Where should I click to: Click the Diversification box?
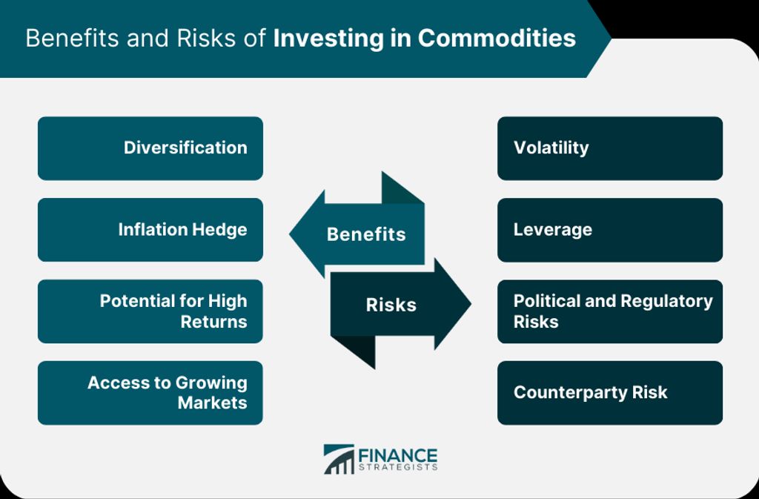tap(150, 148)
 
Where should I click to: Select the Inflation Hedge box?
tap(150, 229)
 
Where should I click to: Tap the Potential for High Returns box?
tap(150, 311)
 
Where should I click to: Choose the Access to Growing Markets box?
tap(150, 392)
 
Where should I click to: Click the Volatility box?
tap(610, 148)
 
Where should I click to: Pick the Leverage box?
tap(610, 229)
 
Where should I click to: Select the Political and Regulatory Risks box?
tap(610, 311)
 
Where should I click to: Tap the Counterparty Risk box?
tap(610, 392)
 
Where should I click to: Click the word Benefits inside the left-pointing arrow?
tap(366, 234)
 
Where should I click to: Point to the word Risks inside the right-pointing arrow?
tap(391, 305)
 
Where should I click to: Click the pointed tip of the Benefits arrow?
tap(290, 234)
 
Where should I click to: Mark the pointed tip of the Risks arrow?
tap(471, 304)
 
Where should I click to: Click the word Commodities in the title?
tap(497, 38)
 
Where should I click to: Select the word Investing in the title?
tap(328, 39)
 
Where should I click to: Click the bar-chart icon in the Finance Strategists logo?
tap(339, 459)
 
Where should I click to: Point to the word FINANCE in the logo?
tap(398, 456)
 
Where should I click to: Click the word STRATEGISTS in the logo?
tap(398, 468)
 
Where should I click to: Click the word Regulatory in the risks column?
tap(666, 302)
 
